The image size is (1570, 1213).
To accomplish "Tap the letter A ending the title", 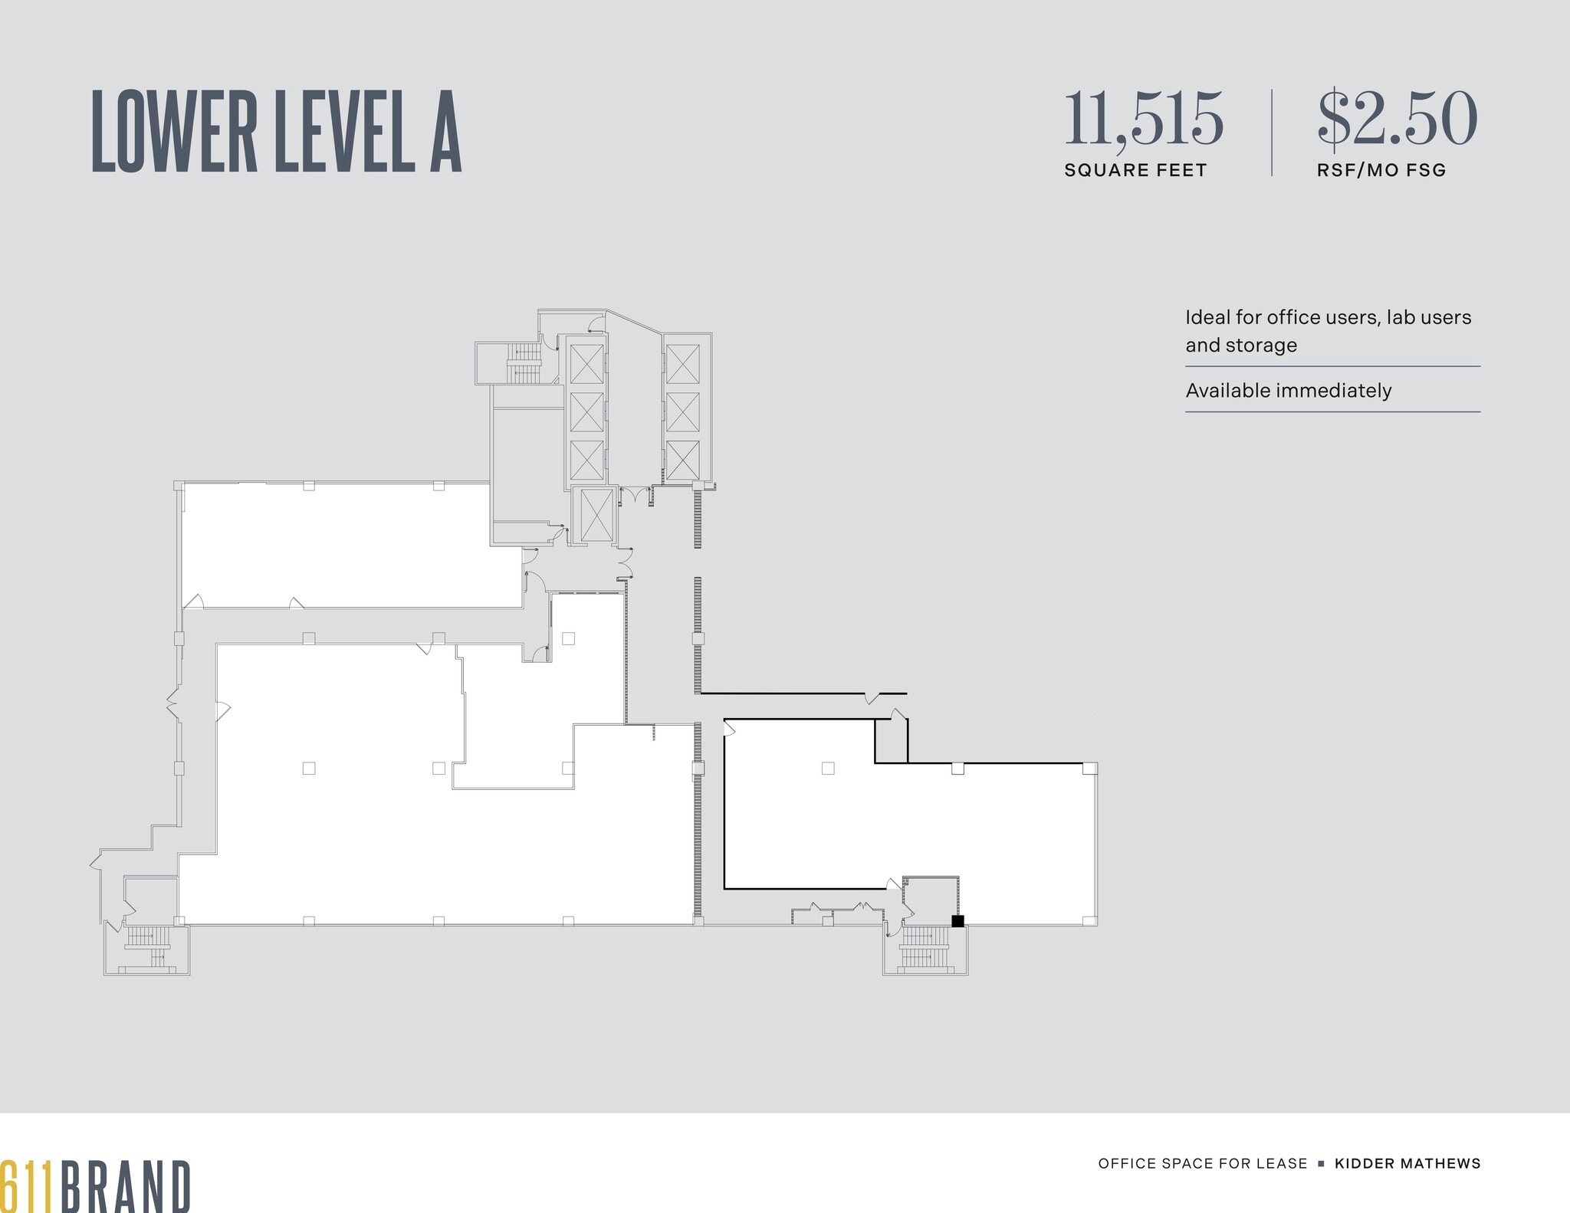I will click(x=445, y=131).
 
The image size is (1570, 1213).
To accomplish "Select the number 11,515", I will click(x=1143, y=119).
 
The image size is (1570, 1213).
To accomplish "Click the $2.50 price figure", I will click(x=1397, y=119).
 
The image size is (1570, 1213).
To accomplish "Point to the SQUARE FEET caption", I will click(x=1135, y=170).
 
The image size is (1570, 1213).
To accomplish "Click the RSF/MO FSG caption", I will click(x=1381, y=170).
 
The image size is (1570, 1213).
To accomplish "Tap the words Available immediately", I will click(x=1288, y=391).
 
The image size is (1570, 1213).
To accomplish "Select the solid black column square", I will click(x=957, y=921).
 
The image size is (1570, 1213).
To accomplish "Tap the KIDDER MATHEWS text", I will click(x=1407, y=1163).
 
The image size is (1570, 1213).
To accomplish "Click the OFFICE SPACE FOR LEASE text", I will click(x=1203, y=1163).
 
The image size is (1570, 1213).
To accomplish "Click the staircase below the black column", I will click(x=925, y=949).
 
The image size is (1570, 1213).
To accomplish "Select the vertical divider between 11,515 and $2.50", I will click(x=1272, y=133).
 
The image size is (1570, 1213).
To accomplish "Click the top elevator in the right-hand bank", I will click(x=682, y=364).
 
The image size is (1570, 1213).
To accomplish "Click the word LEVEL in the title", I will click(x=344, y=131).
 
